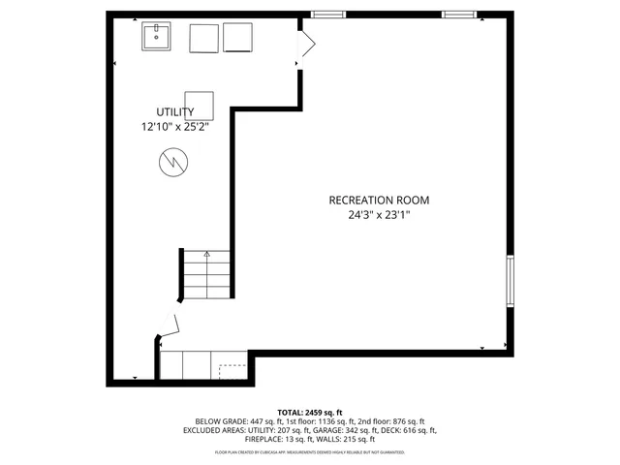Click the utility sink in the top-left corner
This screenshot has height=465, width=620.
point(157,38)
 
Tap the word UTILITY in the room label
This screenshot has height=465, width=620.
point(174,111)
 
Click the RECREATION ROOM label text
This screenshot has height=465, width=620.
point(378,201)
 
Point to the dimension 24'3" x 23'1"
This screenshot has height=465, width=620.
point(378,216)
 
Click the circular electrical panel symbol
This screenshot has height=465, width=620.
point(172,161)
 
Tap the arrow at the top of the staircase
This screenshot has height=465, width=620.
point(206,255)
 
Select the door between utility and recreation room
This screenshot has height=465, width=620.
point(306,45)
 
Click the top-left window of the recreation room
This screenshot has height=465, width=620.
point(327,15)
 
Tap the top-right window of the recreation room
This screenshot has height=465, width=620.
point(458,15)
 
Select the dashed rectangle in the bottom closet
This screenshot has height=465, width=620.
point(232,370)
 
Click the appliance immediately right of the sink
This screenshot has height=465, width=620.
point(203,38)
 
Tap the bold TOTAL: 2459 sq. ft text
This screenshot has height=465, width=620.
point(310,412)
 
